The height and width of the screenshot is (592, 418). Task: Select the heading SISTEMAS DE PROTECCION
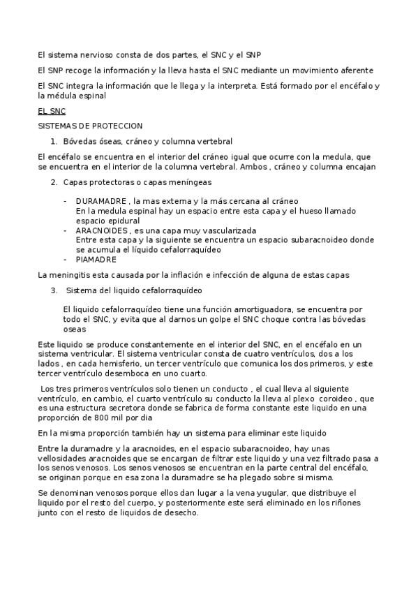pos(90,126)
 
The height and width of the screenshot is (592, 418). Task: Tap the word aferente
pos(358,71)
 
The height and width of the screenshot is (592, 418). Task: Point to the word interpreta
pos(237,86)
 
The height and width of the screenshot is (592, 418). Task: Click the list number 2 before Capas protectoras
pos(54,182)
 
